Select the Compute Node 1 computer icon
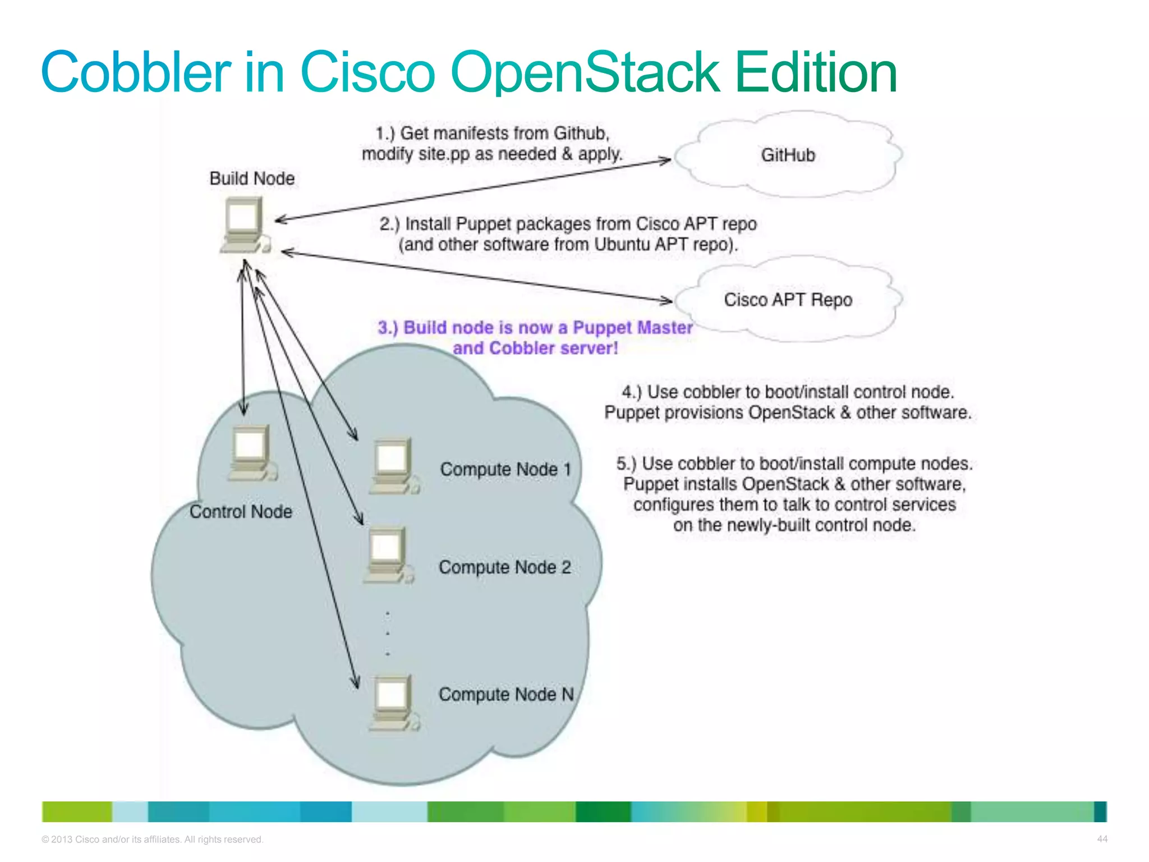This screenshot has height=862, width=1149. tap(394, 466)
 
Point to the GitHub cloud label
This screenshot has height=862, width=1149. tap(787, 155)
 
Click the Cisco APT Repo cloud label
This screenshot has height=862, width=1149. tap(788, 300)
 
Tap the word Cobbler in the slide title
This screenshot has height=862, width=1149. tap(135, 72)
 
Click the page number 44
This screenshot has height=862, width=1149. tap(1102, 839)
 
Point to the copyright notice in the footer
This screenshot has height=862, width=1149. tap(152, 840)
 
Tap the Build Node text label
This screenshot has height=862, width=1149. tap(252, 178)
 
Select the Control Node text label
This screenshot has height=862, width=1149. tap(241, 512)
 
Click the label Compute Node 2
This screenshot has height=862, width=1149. tap(504, 567)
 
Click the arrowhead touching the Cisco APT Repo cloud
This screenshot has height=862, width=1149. tap(667, 301)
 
